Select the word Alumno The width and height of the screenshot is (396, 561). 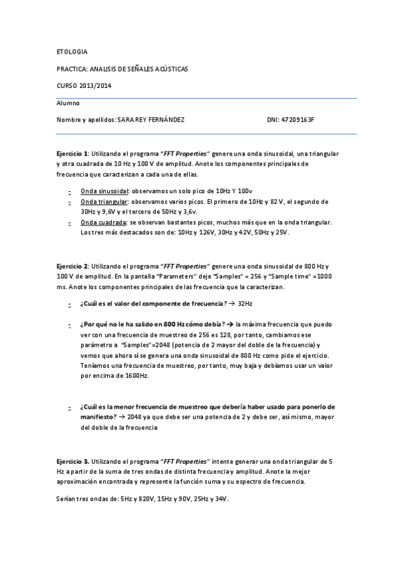coord(67,103)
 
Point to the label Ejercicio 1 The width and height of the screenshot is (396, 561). coord(72,153)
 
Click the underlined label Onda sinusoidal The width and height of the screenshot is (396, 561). coord(104,190)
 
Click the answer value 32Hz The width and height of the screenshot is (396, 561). coord(245,303)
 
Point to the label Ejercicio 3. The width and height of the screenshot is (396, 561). coord(72,460)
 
